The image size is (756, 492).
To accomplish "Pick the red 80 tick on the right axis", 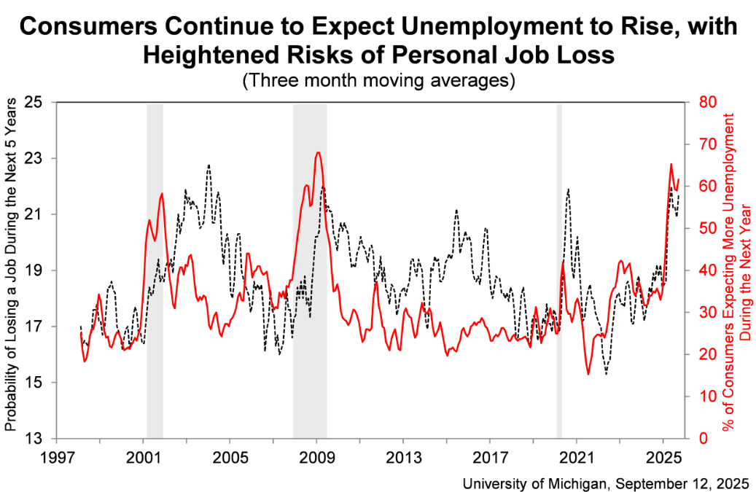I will [706, 102].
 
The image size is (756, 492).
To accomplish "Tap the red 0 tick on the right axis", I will [701, 438].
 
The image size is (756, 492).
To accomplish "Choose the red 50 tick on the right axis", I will [706, 228].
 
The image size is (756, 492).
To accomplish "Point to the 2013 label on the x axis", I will [403, 460].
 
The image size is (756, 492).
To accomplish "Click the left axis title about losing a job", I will [12, 270].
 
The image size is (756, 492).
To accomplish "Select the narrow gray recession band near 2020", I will [559, 270].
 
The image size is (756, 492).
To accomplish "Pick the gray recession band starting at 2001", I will [155, 270].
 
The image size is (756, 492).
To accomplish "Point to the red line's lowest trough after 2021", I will [588, 374].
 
